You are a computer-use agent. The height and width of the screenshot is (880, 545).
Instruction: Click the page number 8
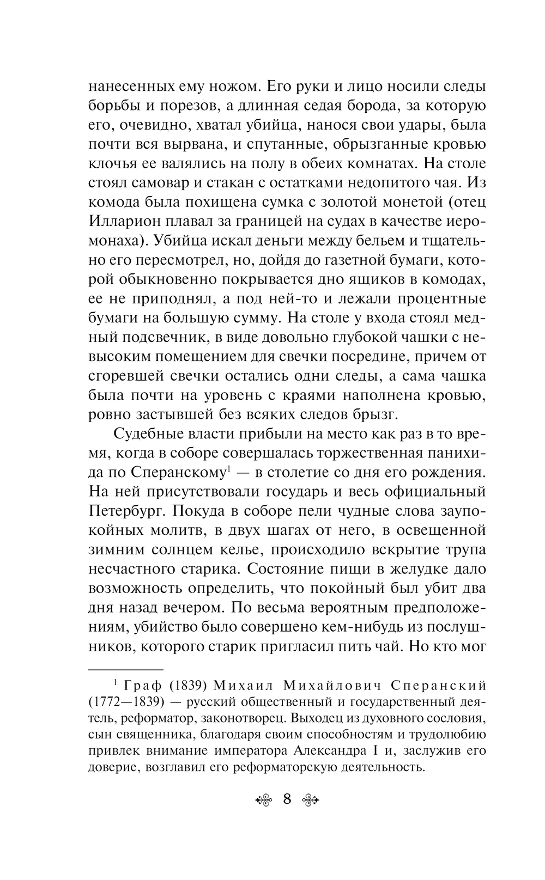click(x=287, y=799)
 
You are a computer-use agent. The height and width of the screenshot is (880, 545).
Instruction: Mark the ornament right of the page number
click(x=311, y=800)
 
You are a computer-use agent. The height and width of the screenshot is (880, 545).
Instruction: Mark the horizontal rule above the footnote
click(x=125, y=669)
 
